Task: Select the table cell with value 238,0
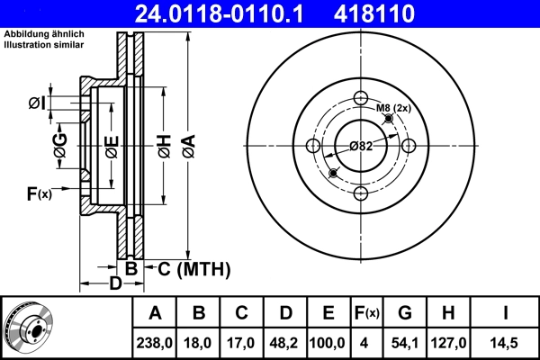click(x=155, y=342)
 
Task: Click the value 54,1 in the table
click(x=405, y=342)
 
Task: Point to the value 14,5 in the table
click(x=507, y=342)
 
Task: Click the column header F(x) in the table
click(x=366, y=313)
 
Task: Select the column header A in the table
click(x=155, y=313)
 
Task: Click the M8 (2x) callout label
click(x=393, y=108)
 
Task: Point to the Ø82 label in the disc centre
click(x=361, y=146)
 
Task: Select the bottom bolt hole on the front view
click(x=361, y=193)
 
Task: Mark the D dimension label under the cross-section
click(x=115, y=285)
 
